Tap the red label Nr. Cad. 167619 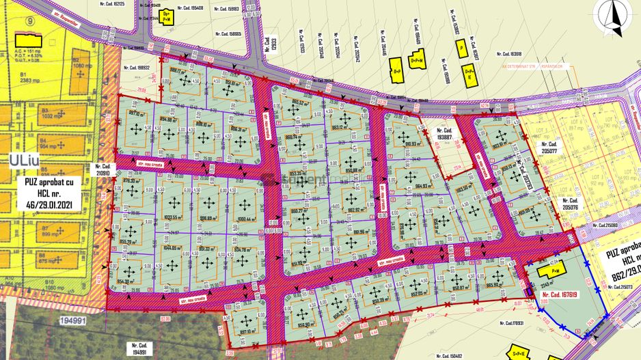point(560,295)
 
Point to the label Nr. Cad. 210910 point(103,169)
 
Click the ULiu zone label point(24,160)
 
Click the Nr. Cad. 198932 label point(136,68)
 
